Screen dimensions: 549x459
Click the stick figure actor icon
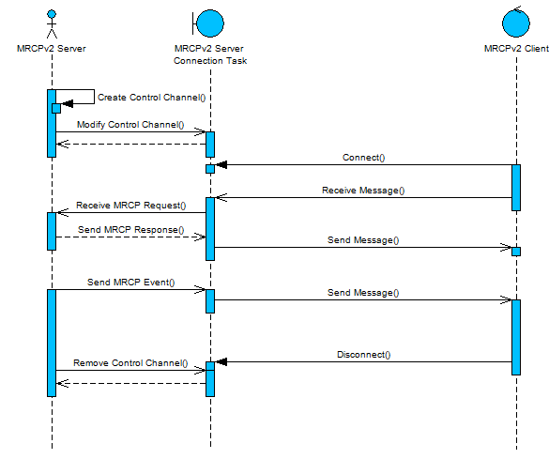coord(52,23)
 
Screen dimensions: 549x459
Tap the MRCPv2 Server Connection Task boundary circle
coord(208,23)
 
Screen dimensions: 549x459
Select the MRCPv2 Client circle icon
coord(516,22)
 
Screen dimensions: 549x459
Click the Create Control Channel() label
coord(152,98)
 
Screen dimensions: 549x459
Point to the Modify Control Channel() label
coord(130,125)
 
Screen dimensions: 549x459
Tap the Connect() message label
coord(364,158)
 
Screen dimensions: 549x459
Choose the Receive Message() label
coord(363,191)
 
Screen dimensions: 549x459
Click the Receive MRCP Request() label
coord(131,206)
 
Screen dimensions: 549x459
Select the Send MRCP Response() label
coord(131,230)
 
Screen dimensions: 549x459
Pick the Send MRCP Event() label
coord(131,283)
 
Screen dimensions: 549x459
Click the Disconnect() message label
coord(364,355)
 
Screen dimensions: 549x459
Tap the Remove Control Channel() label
coord(130,363)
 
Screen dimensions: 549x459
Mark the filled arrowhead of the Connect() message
coord(221,164)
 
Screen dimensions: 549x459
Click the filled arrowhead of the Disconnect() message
coord(221,361)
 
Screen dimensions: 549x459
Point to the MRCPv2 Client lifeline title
coord(516,49)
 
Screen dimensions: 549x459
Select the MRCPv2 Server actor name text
coord(52,48)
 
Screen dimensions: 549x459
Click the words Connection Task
coord(210,61)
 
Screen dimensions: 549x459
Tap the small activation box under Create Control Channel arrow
coord(56,108)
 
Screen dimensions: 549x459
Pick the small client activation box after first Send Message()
coord(516,252)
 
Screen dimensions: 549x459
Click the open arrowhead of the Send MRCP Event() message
coord(200,289)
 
